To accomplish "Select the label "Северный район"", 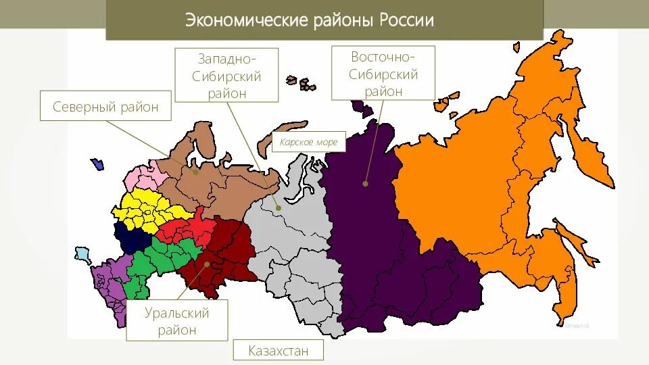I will pyautogui.click(x=105, y=107).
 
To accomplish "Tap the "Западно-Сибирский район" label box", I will pyautogui.click(x=226, y=74).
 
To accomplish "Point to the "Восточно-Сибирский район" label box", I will pyautogui.click(x=383, y=73).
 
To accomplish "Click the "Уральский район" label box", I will pyautogui.click(x=177, y=322).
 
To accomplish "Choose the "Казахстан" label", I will pyautogui.click(x=278, y=351).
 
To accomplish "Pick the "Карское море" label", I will pyautogui.click(x=309, y=143).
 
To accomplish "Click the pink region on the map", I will pyautogui.click(x=143, y=178).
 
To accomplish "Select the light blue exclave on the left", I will pyautogui.click(x=82, y=255).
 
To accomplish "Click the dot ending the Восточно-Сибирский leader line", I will pyautogui.click(x=365, y=182).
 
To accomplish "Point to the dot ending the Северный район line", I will pyautogui.click(x=195, y=172).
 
